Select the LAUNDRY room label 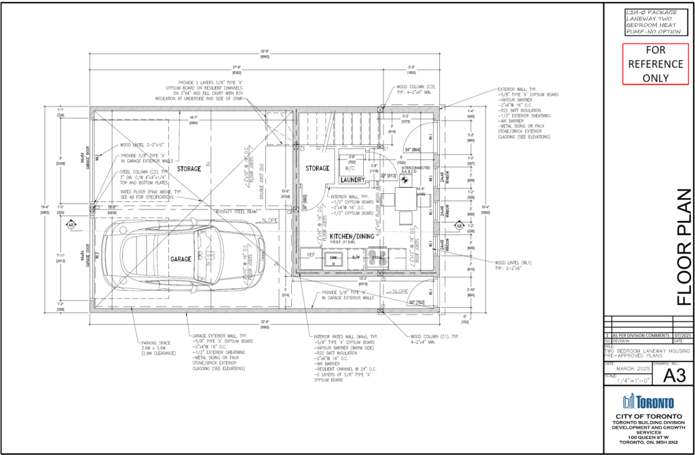(353, 180)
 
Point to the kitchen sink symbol (333, 258)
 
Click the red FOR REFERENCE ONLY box (645, 64)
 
